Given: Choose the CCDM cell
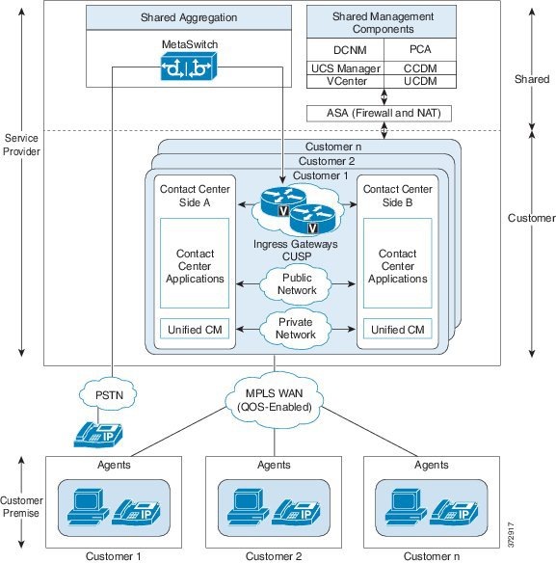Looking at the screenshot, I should click(419, 68).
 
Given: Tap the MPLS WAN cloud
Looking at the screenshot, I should click(275, 396).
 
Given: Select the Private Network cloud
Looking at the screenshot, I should click(296, 328).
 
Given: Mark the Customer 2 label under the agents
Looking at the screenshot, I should click(273, 555).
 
